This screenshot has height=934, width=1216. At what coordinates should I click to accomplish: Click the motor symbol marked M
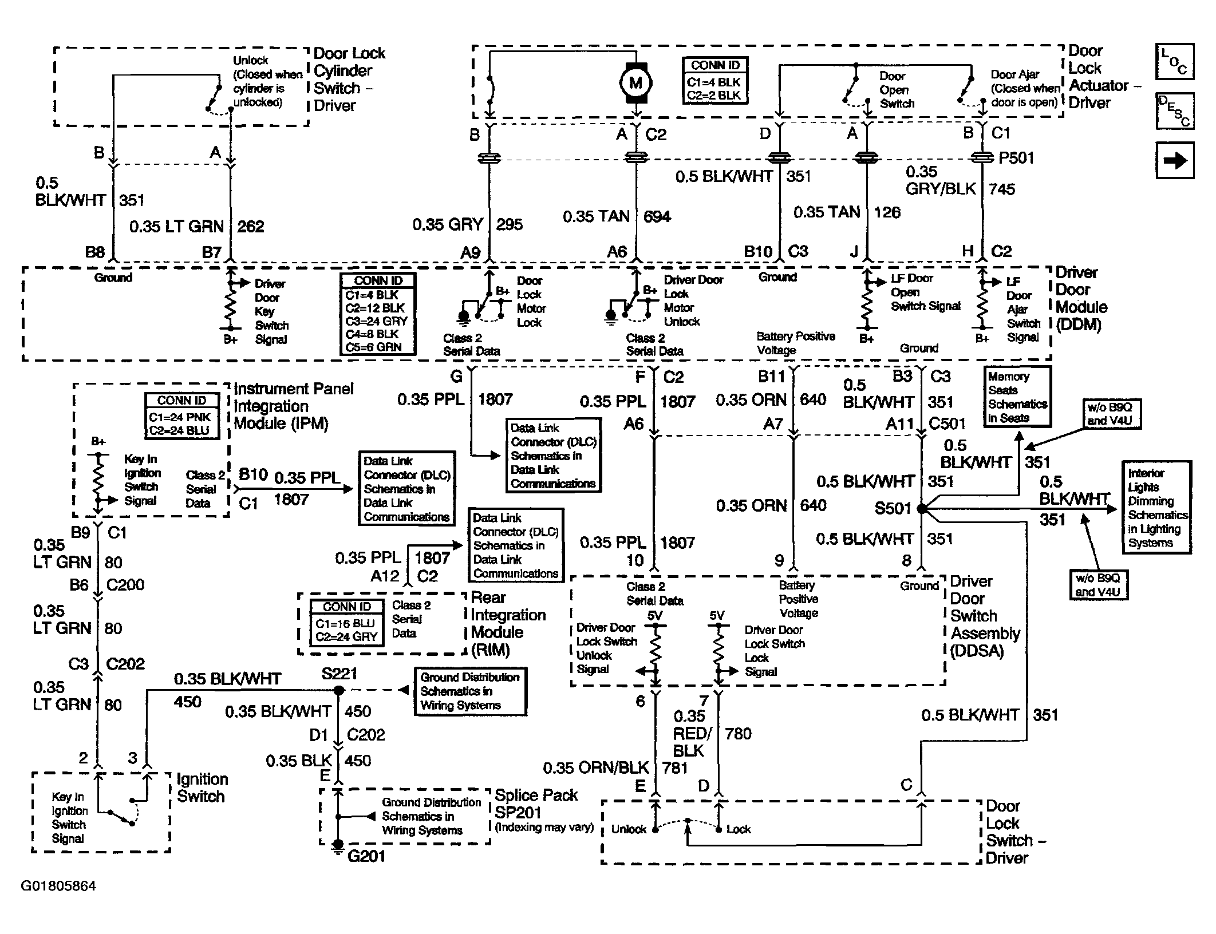tap(635, 83)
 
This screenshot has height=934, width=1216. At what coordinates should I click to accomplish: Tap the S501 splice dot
tap(921, 508)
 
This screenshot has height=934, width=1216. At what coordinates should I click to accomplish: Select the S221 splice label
tap(339, 674)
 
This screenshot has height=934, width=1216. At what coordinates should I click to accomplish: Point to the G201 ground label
tap(366, 856)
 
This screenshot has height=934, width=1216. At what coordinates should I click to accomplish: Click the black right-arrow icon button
tap(1175, 161)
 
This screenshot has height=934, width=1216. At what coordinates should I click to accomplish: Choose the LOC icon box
tap(1175, 61)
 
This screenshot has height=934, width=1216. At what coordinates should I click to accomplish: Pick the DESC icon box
tap(1175, 111)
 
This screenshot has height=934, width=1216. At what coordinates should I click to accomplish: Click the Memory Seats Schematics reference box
tap(1017, 397)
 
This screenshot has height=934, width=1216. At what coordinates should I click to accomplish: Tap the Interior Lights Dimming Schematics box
tap(1156, 508)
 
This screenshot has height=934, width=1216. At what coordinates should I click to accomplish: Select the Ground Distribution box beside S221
tap(470, 691)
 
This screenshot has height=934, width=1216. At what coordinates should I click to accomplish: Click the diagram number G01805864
tap(58, 886)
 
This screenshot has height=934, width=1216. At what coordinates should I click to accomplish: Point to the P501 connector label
tap(1016, 158)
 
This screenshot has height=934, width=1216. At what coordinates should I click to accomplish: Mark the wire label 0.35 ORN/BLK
tap(595, 767)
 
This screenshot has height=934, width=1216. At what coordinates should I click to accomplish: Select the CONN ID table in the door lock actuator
tap(715, 80)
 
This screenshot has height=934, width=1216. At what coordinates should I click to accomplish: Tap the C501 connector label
tap(947, 424)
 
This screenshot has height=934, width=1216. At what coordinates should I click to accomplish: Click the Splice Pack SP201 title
tap(536, 804)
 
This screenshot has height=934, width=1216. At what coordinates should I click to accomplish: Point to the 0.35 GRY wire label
tap(448, 224)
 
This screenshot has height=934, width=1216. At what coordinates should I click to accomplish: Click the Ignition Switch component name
tap(202, 787)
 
